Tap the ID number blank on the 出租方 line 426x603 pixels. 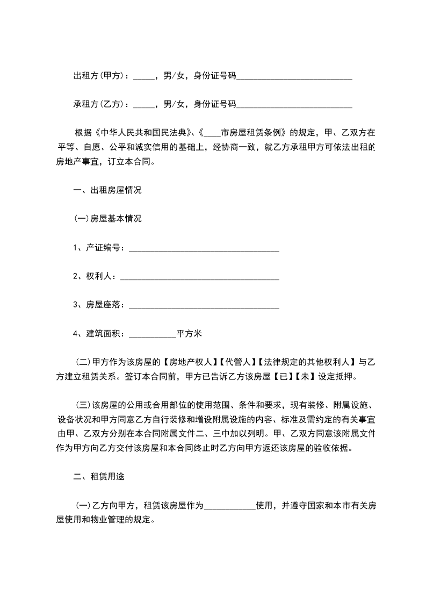294,77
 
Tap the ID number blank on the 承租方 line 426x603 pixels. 294,105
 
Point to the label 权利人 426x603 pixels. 97,276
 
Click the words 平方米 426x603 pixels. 189,334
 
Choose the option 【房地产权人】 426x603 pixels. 189,362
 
